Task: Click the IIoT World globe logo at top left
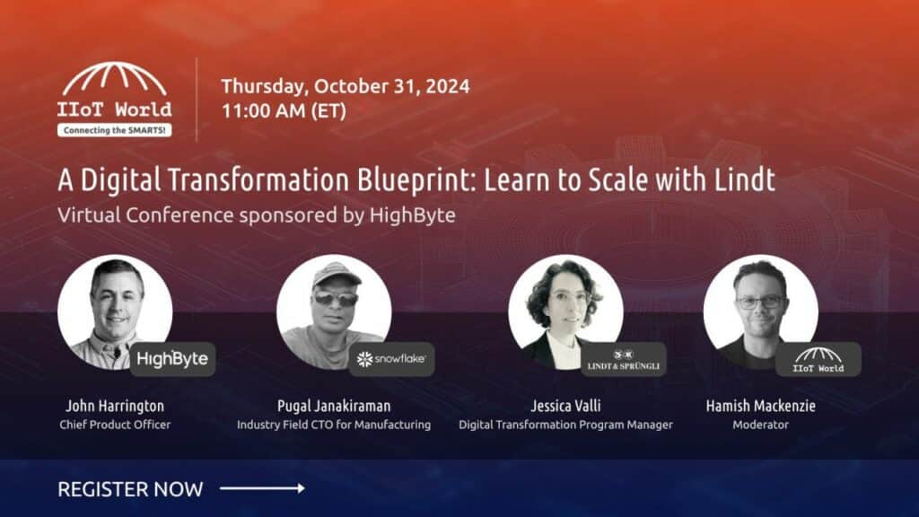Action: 114,99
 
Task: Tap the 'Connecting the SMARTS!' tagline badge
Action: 114,130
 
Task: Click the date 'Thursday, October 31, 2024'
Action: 346,86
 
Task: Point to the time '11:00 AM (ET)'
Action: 284,110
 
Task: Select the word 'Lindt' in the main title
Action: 744,179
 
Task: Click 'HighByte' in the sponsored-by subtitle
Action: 412,215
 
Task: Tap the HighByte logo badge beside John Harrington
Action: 172,359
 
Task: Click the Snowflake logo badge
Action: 391,359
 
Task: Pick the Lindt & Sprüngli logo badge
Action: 623,359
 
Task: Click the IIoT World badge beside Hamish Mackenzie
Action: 818,359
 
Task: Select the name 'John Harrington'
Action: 115,406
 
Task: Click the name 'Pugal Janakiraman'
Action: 334,406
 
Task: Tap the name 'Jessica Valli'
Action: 565,406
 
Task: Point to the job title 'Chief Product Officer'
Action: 115,425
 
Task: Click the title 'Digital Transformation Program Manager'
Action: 565,425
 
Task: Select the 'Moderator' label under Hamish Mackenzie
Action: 761,425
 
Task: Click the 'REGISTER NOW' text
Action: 130,489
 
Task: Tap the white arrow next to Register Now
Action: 262,487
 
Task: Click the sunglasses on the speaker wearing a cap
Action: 336,298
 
